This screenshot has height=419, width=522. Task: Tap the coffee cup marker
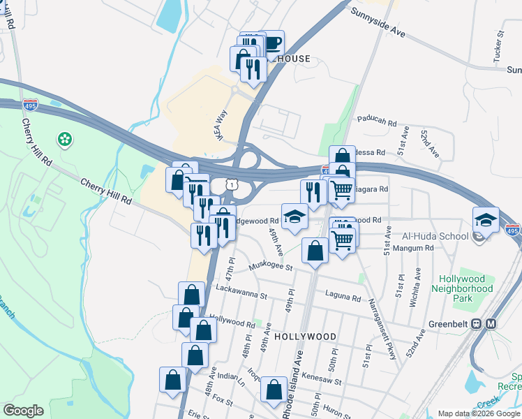[271, 43]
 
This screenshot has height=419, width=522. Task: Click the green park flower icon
[65, 140]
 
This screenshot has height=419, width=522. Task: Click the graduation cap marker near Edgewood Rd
[294, 216]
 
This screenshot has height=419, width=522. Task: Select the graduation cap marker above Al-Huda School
[486, 220]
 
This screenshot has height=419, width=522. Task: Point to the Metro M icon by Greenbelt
[491, 324]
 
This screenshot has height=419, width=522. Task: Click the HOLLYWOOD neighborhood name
[305, 336]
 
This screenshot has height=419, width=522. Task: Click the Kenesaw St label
[323, 382]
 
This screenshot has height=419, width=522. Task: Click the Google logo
[22, 411]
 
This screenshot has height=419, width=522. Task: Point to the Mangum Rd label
[416, 247]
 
